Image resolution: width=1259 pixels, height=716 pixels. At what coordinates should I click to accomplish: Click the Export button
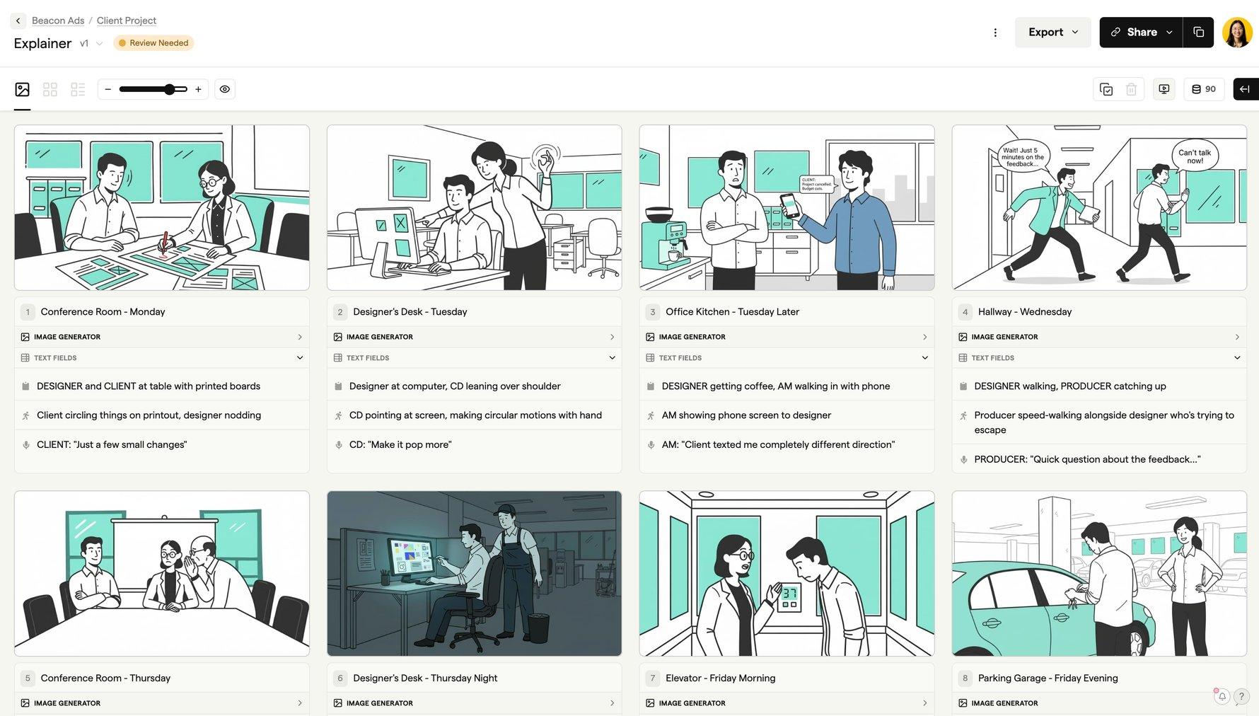tap(1052, 33)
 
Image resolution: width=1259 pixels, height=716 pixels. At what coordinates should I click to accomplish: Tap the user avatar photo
tap(1237, 33)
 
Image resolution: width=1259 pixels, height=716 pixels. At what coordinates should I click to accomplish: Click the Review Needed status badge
tap(153, 43)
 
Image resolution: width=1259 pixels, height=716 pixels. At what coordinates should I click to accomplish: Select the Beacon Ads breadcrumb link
tap(58, 21)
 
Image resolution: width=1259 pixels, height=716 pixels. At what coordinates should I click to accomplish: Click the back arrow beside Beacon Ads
tap(18, 21)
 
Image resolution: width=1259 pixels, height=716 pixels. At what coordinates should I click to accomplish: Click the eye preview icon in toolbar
tap(225, 89)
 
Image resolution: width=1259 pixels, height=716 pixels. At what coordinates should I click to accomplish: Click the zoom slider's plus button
tap(198, 89)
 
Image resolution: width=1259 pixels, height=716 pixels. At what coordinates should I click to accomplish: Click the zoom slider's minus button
tap(108, 89)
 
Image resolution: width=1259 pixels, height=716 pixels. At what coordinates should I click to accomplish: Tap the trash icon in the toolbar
tap(1131, 89)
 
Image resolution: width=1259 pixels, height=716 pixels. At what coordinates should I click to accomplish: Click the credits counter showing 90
tap(1204, 89)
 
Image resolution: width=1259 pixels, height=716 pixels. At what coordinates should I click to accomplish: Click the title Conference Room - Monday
tap(103, 311)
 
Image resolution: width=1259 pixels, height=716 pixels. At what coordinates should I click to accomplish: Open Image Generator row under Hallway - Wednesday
tap(1099, 337)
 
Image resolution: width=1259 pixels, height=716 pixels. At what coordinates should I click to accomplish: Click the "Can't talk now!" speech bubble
tap(1195, 156)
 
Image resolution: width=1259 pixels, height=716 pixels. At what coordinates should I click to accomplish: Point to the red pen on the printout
tap(165, 243)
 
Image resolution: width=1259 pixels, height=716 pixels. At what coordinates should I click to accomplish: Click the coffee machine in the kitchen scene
tap(668, 237)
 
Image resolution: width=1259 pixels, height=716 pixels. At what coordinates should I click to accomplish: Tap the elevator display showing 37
tap(789, 597)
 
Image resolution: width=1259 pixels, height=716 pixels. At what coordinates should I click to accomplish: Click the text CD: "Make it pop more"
tap(400, 444)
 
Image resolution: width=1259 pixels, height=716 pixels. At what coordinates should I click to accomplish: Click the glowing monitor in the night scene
tap(410, 559)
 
